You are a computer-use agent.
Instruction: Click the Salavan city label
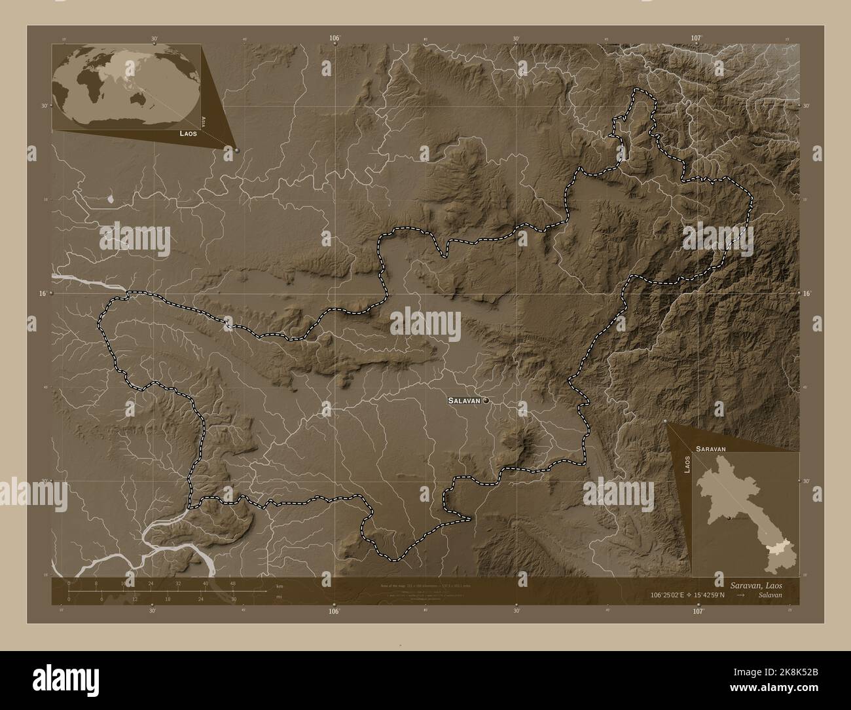[x=465, y=400]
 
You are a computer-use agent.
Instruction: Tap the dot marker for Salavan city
[x=486, y=400]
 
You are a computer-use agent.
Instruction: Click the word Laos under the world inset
[x=189, y=133]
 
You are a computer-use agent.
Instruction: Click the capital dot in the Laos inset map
[x=728, y=517]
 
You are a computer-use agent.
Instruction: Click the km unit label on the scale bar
[x=280, y=586]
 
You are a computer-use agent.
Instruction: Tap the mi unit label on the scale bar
[x=279, y=597]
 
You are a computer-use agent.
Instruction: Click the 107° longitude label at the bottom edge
[x=698, y=610]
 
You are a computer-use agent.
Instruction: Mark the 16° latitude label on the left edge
[x=42, y=294]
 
